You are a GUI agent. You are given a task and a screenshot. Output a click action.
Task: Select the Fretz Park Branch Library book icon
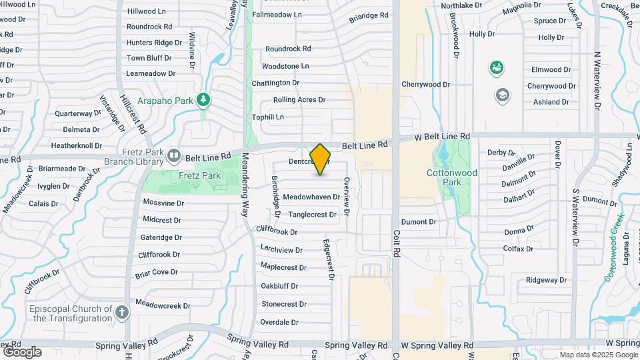click(x=173, y=156)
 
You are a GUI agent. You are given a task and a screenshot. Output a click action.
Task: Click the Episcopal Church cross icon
click(x=121, y=312)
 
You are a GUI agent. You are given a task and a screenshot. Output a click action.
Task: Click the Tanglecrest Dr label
click(x=312, y=214)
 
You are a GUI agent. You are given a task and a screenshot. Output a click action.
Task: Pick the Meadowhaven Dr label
click(x=311, y=197)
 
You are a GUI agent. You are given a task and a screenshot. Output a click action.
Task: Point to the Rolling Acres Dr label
click(x=299, y=100)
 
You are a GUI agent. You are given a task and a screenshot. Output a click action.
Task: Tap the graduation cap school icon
click(x=501, y=95)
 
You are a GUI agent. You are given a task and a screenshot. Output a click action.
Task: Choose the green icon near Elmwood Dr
click(x=496, y=67)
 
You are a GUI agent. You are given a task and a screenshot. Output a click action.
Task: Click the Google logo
click(x=22, y=351)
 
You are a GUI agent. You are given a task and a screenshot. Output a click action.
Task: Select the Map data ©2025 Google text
click(x=598, y=355)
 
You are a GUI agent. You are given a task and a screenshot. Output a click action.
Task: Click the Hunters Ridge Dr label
click(x=154, y=43)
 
